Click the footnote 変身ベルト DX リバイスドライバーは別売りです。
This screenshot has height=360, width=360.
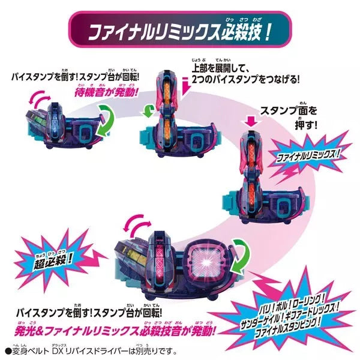[89, 350]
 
